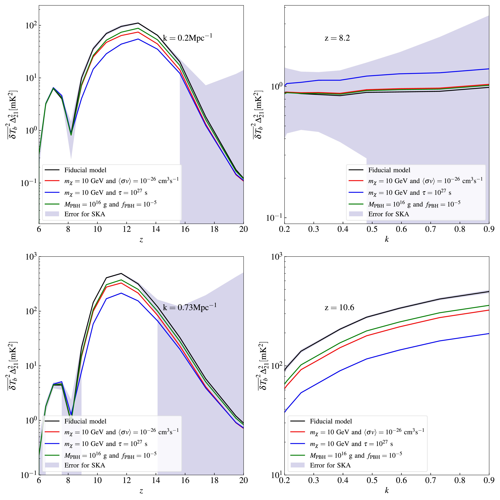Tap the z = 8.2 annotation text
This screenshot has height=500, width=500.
click(337, 38)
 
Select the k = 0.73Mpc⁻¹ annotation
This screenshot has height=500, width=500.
click(189, 307)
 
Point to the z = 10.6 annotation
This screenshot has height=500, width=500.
click(339, 307)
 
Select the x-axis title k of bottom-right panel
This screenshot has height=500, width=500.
click(387, 490)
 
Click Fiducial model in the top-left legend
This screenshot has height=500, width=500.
click(85, 170)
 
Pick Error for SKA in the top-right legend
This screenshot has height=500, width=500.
click(388, 214)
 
